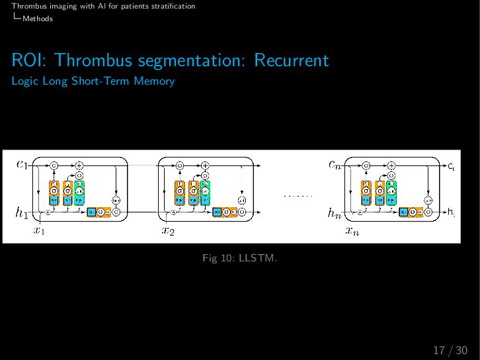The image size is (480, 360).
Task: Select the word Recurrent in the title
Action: tap(291, 61)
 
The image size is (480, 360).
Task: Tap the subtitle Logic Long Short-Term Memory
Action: tap(93, 81)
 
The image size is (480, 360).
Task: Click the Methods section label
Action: tap(37, 19)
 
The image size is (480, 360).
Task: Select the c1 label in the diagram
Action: tap(22, 165)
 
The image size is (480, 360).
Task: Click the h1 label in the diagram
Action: tap(22, 212)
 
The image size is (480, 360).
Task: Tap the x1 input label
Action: tap(39, 231)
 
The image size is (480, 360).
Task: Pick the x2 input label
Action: tap(168, 231)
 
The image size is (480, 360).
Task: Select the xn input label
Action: tap(352, 231)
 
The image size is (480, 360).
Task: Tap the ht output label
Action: tap(450, 212)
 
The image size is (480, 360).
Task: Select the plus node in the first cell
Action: tap(79, 165)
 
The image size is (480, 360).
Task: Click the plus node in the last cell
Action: tap(391, 165)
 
